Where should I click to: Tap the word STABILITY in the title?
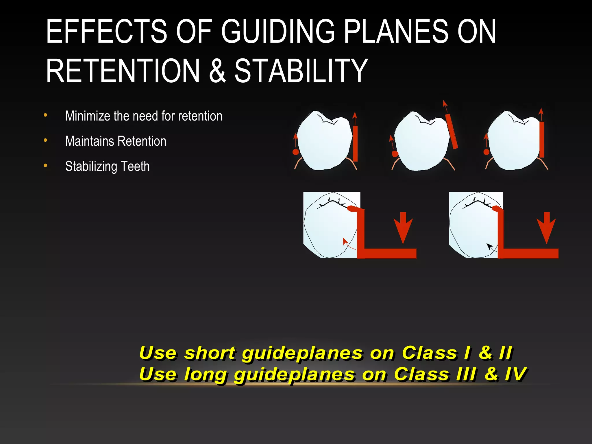point(301,71)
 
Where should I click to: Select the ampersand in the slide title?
point(217,71)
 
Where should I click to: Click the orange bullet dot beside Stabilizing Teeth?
point(45,166)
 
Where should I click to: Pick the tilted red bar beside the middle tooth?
point(451,132)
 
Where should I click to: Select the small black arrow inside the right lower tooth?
point(491,247)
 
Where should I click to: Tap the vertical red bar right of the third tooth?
point(542,140)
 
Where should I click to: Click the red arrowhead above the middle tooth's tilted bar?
point(445,104)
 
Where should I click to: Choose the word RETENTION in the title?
point(123,71)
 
